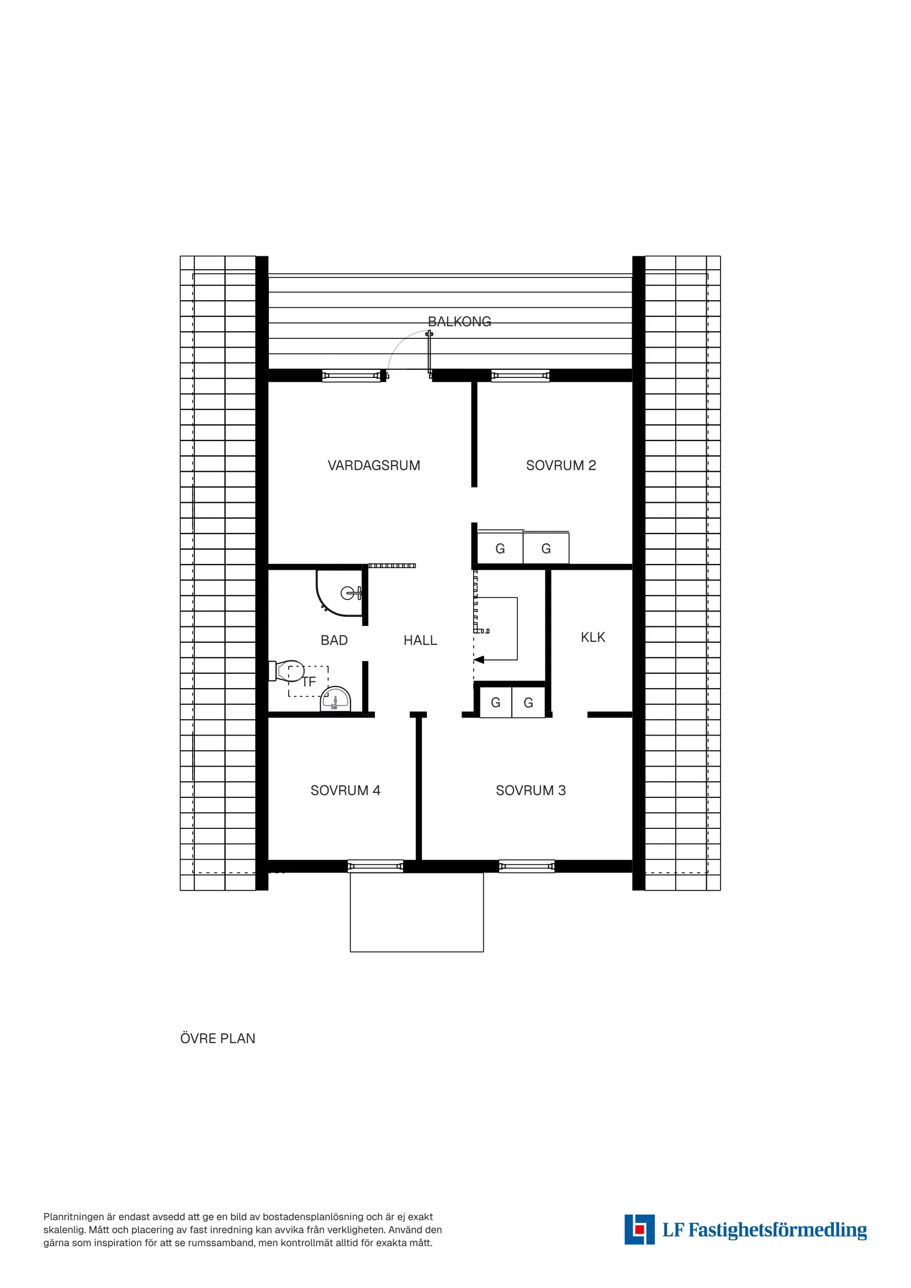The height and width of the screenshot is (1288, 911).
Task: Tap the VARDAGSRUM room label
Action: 374,466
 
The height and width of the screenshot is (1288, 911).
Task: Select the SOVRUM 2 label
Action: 561,466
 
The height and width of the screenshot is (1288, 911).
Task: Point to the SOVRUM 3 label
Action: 531,790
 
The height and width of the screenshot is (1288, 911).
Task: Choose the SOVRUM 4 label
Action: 345,790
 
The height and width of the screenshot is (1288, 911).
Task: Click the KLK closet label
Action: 593,637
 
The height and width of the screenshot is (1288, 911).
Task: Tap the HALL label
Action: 420,641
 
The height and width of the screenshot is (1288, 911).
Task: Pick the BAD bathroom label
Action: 334,641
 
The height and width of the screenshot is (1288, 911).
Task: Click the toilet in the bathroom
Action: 289,670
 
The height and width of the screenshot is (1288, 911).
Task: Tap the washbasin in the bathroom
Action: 335,700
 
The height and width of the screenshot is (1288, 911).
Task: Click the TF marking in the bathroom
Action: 309,682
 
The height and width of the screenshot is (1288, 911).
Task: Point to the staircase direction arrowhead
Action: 479,659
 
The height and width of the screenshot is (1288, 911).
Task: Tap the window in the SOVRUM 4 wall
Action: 375,866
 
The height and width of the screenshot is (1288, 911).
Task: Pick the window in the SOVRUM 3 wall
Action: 527,866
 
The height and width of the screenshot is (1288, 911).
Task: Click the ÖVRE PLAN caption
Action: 218,1039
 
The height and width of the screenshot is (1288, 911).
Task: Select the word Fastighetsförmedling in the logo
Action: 777,1230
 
